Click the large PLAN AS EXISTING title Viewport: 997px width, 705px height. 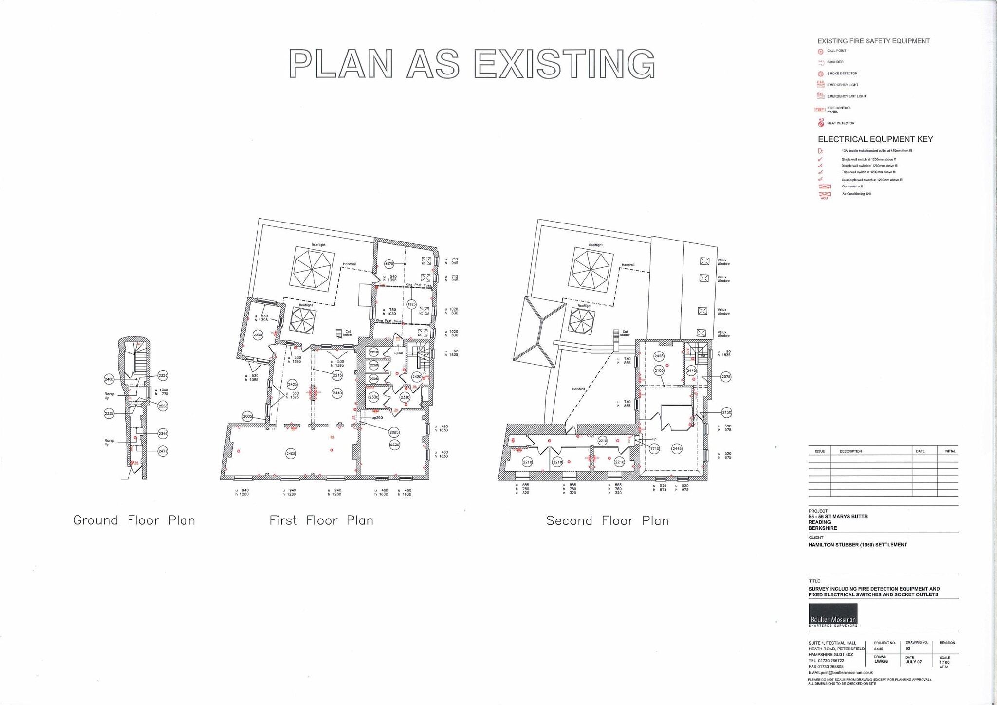point(472,64)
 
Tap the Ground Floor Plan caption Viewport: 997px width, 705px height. point(134,520)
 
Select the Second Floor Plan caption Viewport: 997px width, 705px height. point(608,521)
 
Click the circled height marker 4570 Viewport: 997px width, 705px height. point(389,264)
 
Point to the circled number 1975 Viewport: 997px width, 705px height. point(411,304)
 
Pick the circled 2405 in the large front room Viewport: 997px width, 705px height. point(291,454)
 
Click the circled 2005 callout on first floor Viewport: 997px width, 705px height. point(247,416)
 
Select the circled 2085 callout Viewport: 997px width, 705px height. point(394,432)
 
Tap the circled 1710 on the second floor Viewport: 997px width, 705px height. point(654,449)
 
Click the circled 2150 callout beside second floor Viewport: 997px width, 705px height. point(726,412)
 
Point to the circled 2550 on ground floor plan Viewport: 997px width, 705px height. point(163,406)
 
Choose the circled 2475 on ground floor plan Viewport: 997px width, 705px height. point(163,451)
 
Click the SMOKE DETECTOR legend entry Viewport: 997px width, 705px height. point(842,74)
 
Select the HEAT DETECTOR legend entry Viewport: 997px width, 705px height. point(841,123)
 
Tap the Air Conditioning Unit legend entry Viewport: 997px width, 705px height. point(856,194)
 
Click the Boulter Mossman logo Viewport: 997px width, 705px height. point(833,615)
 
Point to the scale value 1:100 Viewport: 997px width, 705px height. point(944,662)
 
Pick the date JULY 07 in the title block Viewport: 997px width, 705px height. point(914,662)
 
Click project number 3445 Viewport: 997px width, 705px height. point(879,649)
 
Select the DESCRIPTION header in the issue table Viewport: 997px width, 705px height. point(850,451)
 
